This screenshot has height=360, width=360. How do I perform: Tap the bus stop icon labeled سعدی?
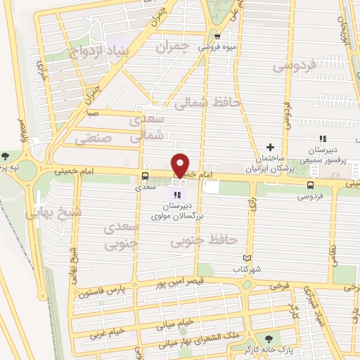click(x=145, y=176)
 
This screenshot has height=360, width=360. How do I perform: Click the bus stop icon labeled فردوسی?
click(x=310, y=185)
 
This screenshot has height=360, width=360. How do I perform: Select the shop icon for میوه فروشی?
click(x=217, y=37)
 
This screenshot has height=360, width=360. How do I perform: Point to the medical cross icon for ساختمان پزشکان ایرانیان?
click(x=270, y=147)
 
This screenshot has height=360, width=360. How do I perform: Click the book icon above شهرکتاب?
click(x=246, y=258)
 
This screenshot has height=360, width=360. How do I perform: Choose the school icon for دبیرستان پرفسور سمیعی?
click(x=322, y=139)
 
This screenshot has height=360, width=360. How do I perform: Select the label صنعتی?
click(x=94, y=139)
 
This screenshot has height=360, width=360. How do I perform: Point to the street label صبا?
click(x=93, y=112)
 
